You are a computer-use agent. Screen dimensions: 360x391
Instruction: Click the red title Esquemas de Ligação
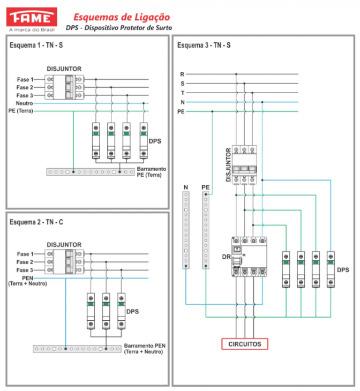pyautogui.click(x=122, y=18)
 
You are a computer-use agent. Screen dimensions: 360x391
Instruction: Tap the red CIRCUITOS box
pyautogui.click(x=245, y=344)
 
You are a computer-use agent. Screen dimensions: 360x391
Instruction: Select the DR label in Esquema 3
pyautogui.click(x=227, y=257)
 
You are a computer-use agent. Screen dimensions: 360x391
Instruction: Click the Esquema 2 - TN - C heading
pyautogui.click(x=36, y=222)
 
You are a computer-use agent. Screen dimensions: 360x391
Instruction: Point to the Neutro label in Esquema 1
pyautogui.click(x=24, y=103)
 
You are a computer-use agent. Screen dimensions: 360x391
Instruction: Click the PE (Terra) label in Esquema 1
pyautogui.click(x=21, y=111)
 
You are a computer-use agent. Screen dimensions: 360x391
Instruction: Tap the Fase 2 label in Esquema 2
pyautogui.click(x=25, y=262)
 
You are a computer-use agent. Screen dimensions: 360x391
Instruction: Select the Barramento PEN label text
pyautogui.click(x=145, y=349)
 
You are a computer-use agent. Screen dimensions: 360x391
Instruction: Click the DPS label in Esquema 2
pyautogui.click(x=132, y=311)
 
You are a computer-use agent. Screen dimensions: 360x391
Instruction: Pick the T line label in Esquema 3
pyautogui.click(x=183, y=93)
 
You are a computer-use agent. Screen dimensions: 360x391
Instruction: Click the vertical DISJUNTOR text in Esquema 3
pyautogui.click(x=228, y=165)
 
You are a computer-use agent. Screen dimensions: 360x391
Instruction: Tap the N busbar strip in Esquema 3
pyautogui.click(x=186, y=230)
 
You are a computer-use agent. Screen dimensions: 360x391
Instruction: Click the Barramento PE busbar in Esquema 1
pyautogui.click(x=91, y=172)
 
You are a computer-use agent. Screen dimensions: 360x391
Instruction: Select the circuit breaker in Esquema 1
pyautogui.click(x=64, y=87)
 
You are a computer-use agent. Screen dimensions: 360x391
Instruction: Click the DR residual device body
pyautogui.click(x=249, y=257)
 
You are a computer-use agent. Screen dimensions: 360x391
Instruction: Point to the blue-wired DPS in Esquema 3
pyautogui.click(x=331, y=269)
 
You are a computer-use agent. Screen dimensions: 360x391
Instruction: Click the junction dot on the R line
pyautogui.click(x=236, y=74)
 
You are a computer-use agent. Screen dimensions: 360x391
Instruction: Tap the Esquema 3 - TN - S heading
pyautogui.click(x=204, y=45)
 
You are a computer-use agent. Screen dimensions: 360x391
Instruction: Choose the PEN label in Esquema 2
pyautogui.click(x=27, y=278)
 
